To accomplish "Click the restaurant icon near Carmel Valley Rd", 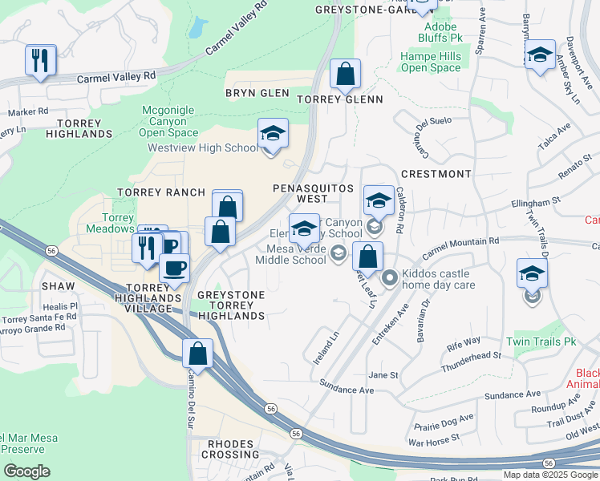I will coord(40,60).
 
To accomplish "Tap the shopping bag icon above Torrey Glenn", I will coord(345,75).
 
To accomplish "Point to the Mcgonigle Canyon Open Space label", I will coord(169,121).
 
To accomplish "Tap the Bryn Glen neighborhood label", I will coord(257,93).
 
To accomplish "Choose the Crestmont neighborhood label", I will coord(436,174).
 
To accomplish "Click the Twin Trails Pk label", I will coord(549,342).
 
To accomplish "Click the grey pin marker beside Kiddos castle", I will coord(390,278).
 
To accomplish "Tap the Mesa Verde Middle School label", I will coord(291,253).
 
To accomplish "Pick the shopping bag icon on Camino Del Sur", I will coord(197,353).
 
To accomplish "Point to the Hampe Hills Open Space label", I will coord(431,63).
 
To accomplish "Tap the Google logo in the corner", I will coord(26,471).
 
